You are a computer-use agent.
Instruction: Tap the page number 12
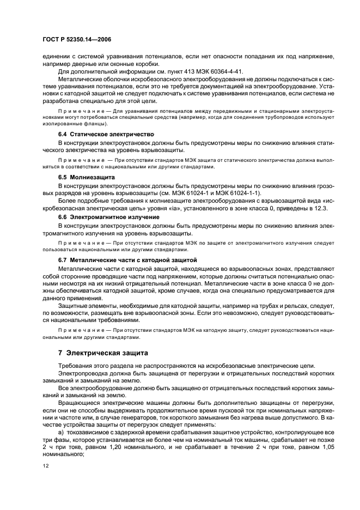click(46, 466)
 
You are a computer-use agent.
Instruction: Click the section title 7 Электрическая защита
click(103, 353)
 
